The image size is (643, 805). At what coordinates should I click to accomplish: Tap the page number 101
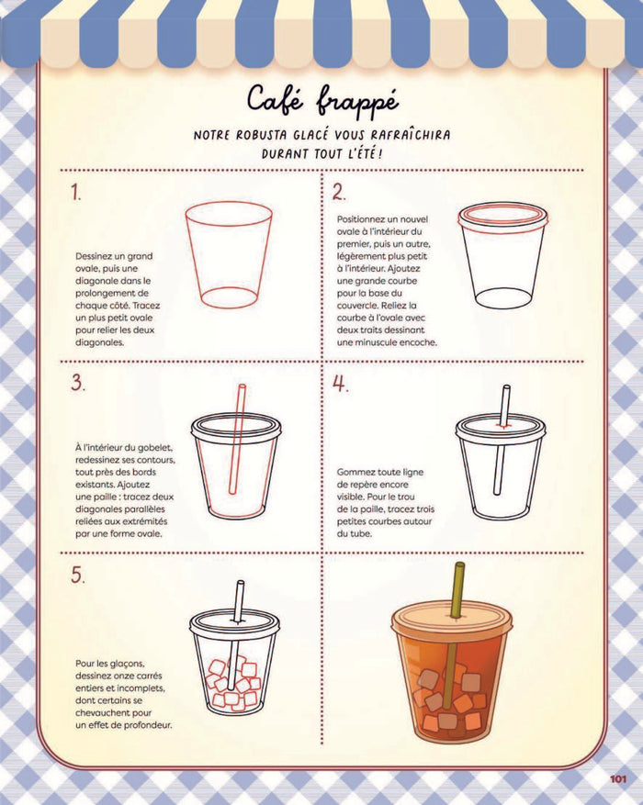point(617,780)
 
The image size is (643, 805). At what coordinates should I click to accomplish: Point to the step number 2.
point(339,193)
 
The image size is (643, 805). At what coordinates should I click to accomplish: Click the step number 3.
point(77,384)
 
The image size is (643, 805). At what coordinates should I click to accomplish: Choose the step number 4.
point(340,384)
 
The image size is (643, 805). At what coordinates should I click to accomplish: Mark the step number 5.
point(77,576)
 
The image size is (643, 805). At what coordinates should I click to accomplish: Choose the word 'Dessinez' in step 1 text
point(96,256)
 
